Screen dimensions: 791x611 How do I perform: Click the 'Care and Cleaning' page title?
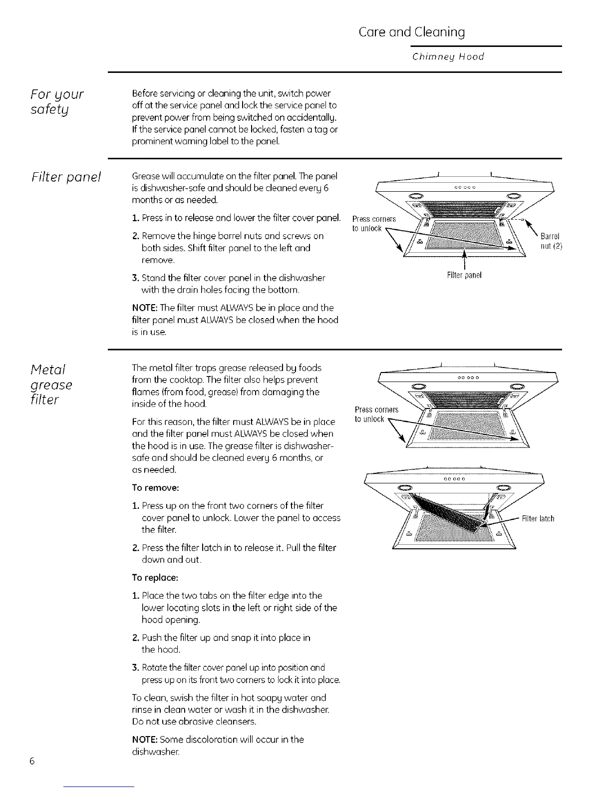(412, 32)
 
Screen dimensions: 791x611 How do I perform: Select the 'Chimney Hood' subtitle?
(448, 56)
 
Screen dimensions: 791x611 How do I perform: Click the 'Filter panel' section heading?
(66, 177)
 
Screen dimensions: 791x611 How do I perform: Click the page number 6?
(31, 761)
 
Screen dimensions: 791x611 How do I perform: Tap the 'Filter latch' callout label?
(538, 518)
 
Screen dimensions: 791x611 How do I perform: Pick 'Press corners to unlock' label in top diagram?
(373, 223)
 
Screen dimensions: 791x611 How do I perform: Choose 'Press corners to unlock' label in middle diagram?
(376, 414)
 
